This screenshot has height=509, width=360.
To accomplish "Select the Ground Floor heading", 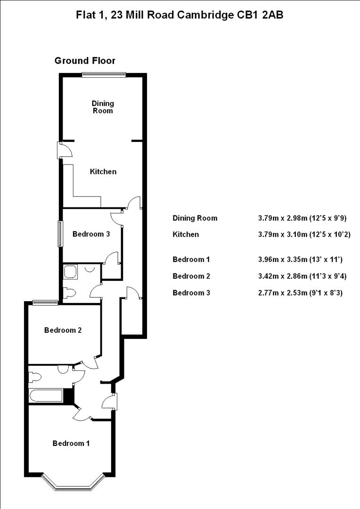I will (85, 60).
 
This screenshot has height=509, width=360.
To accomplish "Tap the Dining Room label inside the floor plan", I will (103, 107).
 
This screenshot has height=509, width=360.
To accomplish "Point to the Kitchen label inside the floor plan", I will (103, 172).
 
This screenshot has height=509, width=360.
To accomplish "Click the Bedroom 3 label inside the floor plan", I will (91, 234).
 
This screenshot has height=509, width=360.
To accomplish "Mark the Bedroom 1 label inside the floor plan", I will (71, 443).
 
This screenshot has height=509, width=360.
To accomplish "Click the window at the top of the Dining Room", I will (104, 74).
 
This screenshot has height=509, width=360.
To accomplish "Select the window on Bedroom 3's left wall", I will (60, 234).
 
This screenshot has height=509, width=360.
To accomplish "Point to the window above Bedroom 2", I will (45, 303).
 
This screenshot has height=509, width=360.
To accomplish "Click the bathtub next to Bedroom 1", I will (46, 396).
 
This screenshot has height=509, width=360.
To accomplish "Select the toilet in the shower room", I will (69, 293).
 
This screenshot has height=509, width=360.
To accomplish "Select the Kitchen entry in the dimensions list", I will (186, 234).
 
